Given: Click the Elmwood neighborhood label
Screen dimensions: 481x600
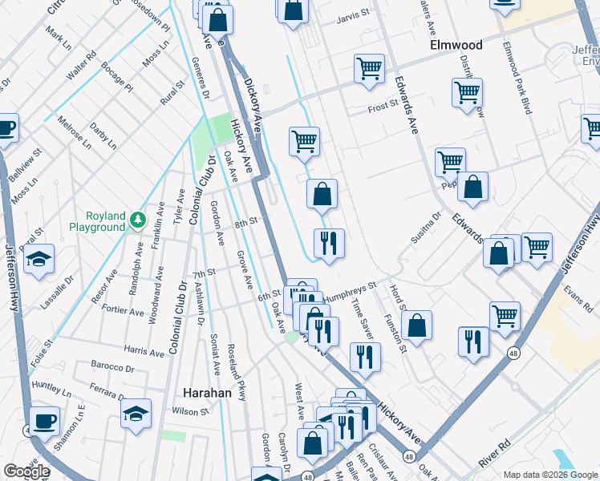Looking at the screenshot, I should [456, 45].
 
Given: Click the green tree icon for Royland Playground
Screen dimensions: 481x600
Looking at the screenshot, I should [139, 218].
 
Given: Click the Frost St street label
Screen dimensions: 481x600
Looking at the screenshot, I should [383, 106].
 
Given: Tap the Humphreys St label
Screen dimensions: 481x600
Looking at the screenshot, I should [349, 289].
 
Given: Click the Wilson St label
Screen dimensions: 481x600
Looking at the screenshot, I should [190, 411].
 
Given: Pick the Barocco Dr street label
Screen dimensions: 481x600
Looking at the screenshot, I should [111, 369].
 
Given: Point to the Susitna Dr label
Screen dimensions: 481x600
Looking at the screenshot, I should [428, 228].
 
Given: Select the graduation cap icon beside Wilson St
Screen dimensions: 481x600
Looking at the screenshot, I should [136, 413].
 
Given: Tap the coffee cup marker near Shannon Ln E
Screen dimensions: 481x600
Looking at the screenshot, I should [44, 419].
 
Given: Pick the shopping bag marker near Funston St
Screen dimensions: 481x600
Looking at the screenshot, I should [416, 325].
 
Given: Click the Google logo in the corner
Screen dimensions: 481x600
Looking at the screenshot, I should [27, 471].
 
